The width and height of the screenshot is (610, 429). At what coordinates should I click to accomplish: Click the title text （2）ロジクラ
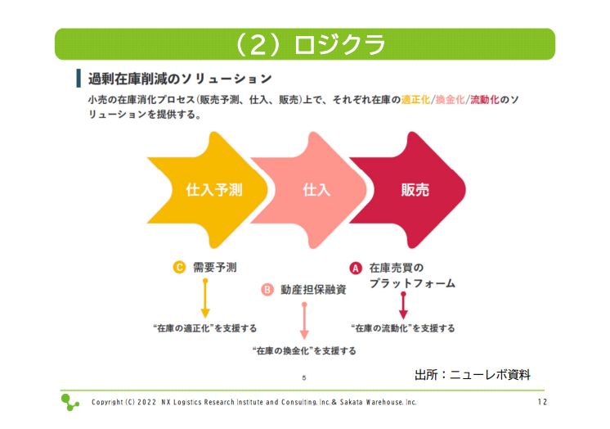(x=309, y=44)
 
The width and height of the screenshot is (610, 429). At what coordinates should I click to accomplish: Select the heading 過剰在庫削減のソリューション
(x=180, y=79)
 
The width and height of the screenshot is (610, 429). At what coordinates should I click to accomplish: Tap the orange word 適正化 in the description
(x=416, y=100)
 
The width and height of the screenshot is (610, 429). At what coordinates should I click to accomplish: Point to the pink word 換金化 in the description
(x=450, y=100)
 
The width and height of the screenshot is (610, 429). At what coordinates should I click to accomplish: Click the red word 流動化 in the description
(x=485, y=100)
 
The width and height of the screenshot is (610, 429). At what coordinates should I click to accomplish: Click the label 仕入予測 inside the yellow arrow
(x=214, y=190)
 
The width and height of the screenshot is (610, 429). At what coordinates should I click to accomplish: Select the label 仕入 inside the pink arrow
(x=316, y=190)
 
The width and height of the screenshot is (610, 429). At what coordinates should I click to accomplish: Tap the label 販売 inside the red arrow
(x=415, y=190)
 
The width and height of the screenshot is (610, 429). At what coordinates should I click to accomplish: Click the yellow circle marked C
(x=179, y=267)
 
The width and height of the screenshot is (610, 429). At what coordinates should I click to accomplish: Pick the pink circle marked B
(x=267, y=290)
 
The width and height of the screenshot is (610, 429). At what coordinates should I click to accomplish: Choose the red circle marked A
(x=356, y=268)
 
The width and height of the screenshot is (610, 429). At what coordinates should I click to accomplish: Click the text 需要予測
(x=215, y=267)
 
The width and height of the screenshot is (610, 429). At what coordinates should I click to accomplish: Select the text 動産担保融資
(x=313, y=290)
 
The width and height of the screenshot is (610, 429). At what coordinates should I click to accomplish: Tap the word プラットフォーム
(x=412, y=283)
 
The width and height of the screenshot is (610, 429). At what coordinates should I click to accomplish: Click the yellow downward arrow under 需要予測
(x=205, y=299)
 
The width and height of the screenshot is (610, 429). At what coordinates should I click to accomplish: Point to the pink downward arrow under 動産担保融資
(x=305, y=321)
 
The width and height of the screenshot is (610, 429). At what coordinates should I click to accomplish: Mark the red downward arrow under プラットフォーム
(x=403, y=305)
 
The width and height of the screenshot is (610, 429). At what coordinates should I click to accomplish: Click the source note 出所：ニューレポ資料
(x=473, y=375)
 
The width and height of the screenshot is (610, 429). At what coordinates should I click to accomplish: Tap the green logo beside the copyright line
(x=70, y=403)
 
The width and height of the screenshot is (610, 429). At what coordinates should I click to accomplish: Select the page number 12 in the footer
(x=542, y=402)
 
